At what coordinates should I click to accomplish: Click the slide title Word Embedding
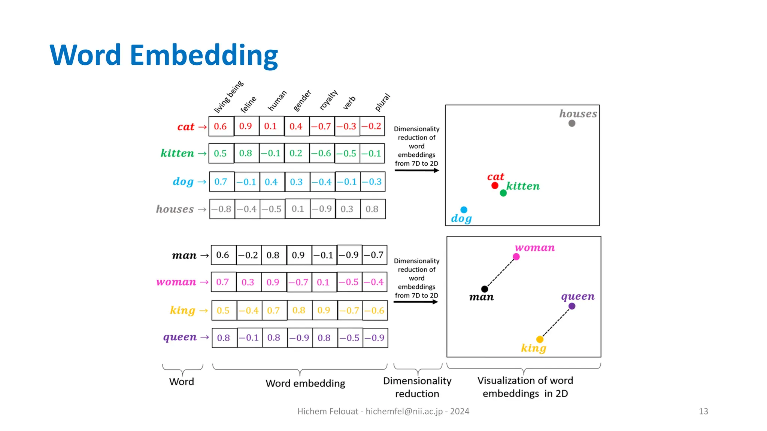(x=164, y=55)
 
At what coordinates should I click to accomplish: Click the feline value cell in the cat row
(x=246, y=126)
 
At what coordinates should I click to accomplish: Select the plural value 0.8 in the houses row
(x=372, y=209)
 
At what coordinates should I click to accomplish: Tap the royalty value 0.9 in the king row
(x=324, y=310)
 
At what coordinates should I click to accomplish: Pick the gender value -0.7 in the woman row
(x=298, y=282)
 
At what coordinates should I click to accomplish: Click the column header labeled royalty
(x=328, y=100)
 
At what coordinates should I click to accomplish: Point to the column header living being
(x=228, y=97)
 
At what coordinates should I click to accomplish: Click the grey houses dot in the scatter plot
(x=572, y=123)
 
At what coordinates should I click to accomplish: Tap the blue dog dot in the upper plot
(x=464, y=210)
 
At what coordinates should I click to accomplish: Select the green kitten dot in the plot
(x=503, y=193)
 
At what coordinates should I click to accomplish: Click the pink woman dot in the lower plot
(x=516, y=257)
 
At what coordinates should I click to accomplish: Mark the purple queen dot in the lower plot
(x=572, y=306)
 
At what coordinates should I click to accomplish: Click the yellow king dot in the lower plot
(x=539, y=339)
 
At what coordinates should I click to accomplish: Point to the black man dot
(x=484, y=289)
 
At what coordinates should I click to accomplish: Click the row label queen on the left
(x=180, y=337)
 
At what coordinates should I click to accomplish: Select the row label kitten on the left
(x=178, y=153)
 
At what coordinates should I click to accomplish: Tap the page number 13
(x=703, y=411)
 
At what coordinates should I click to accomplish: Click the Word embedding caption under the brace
(x=305, y=383)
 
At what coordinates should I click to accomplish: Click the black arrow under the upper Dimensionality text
(x=416, y=171)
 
